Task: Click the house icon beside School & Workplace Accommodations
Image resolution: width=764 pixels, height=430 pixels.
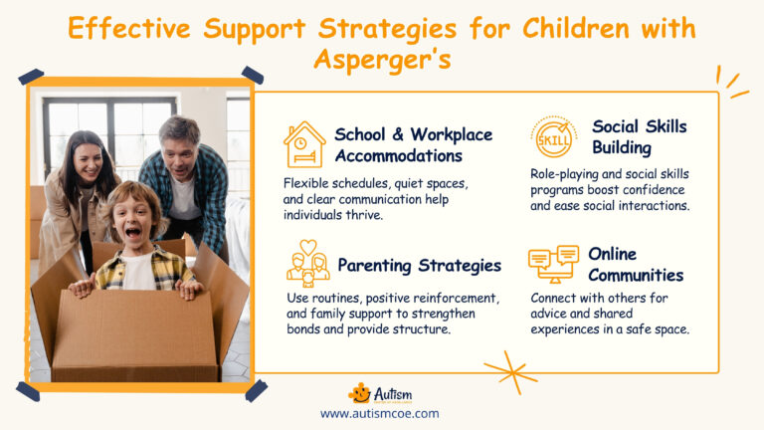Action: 303,145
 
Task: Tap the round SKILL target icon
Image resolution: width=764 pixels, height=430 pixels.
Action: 553,137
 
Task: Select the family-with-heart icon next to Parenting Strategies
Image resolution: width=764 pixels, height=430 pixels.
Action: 306,264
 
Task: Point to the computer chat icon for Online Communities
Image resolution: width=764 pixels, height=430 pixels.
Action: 553,265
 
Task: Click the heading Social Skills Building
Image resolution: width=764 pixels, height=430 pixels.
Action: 639,137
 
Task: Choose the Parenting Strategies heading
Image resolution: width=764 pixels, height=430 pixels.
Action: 419,265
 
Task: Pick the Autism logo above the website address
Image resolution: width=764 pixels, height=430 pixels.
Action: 379,392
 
